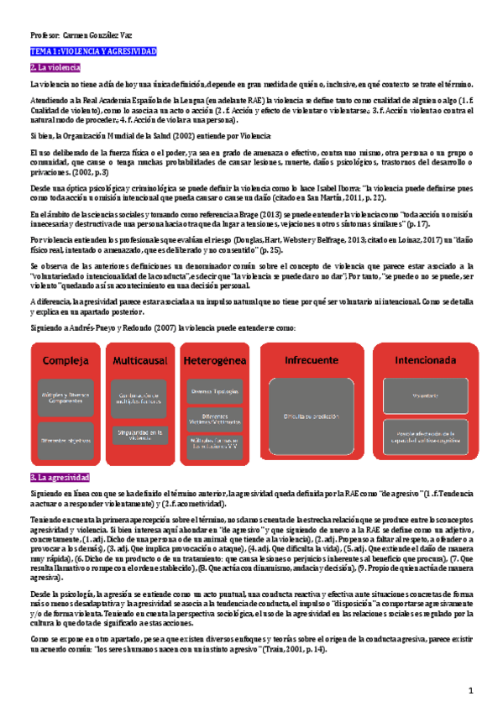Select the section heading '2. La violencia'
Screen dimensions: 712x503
coord(55,67)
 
